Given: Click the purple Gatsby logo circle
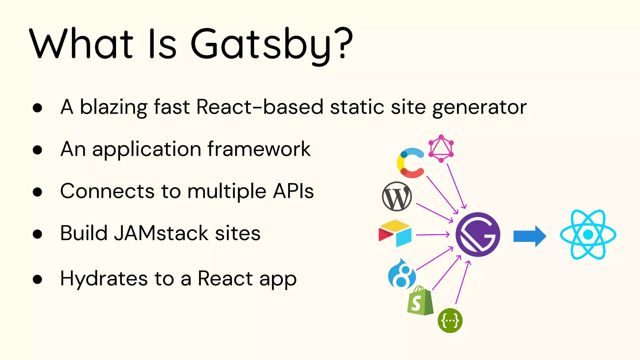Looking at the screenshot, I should click(x=478, y=235).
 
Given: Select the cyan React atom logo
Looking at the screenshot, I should click(x=588, y=234).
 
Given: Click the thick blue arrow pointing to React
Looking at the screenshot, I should click(x=530, y=236).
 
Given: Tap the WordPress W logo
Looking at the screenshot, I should click(x=397, y=197).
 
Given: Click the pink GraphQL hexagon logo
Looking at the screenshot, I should click(x=441, y=148).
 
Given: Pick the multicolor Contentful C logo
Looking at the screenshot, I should click(x=410, y=163).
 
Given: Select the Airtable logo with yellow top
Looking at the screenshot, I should click(x=395, y=233).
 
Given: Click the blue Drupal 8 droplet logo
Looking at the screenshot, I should click(x=402, y=274).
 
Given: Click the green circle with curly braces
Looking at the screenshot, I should click(x=450, y=321).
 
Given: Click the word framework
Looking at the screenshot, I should click(x=259, y=149).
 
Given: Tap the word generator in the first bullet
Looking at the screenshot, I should click(x=479, y=107).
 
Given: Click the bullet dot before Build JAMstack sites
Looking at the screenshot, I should click(x=37, y=234).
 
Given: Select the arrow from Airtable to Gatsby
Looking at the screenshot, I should click(x=432, y=234).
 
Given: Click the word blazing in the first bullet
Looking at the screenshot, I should click(x=113, y=107).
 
